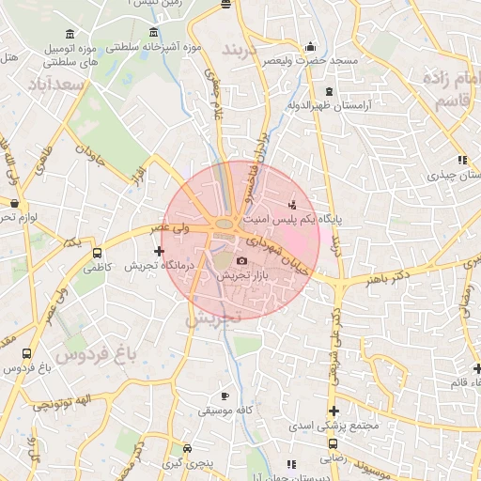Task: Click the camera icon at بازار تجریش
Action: click(x=241, y=260)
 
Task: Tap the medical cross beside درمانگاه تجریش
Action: click(x=159, y=251)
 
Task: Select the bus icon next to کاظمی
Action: click(x=98, y=253)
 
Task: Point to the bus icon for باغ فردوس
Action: click(x=26, y=353)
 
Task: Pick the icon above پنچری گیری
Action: click(x=188, y=449)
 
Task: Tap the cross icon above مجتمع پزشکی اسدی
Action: click(x=334, y=411)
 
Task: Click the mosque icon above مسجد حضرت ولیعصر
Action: click(x=311, y=47)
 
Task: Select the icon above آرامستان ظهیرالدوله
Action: click(x=328, y=91)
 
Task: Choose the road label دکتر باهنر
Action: click(x=390, y=279)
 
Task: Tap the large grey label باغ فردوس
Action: click(x=95, y=354)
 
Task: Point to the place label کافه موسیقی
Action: click(x=223, y=411)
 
